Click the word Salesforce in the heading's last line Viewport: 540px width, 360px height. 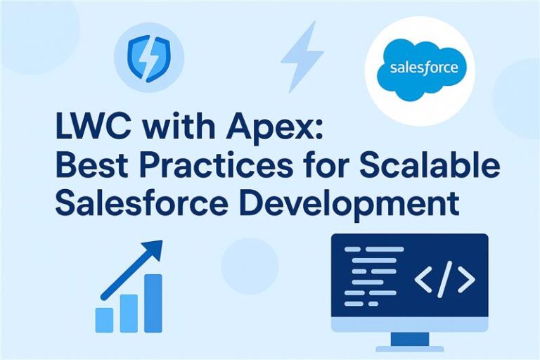148,203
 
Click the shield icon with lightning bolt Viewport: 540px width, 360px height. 148,58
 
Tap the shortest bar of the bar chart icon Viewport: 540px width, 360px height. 104,319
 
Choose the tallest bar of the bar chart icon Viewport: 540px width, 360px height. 153,302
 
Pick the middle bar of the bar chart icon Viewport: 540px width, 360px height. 129,312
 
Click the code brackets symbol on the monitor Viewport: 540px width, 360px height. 444,280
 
